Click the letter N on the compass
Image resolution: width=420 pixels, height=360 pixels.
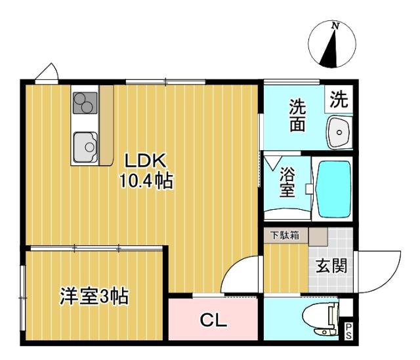(x=335, y=26)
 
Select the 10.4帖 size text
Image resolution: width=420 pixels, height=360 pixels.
(x=146, y=181)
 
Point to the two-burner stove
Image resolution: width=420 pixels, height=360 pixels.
(x=85, y=103)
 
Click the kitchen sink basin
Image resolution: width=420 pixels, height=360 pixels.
(x=85, y=147)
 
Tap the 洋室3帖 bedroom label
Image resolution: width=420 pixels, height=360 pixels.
(x=94, y=296)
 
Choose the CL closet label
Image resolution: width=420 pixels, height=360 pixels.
(x=213, y=320)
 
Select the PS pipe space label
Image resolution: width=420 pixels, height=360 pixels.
(x=348, y=331)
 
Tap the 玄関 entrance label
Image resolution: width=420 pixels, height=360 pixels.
(x=331, y=266)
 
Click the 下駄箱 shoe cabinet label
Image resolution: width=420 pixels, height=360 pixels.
(x=285, y=235)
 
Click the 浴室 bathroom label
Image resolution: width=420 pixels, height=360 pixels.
(x=287, y=182)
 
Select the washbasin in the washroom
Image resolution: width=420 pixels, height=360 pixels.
(x=339, y=132)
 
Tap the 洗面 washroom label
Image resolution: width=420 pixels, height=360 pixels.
(x=297, y=115)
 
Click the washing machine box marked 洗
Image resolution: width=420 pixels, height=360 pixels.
(x=339, y=99)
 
